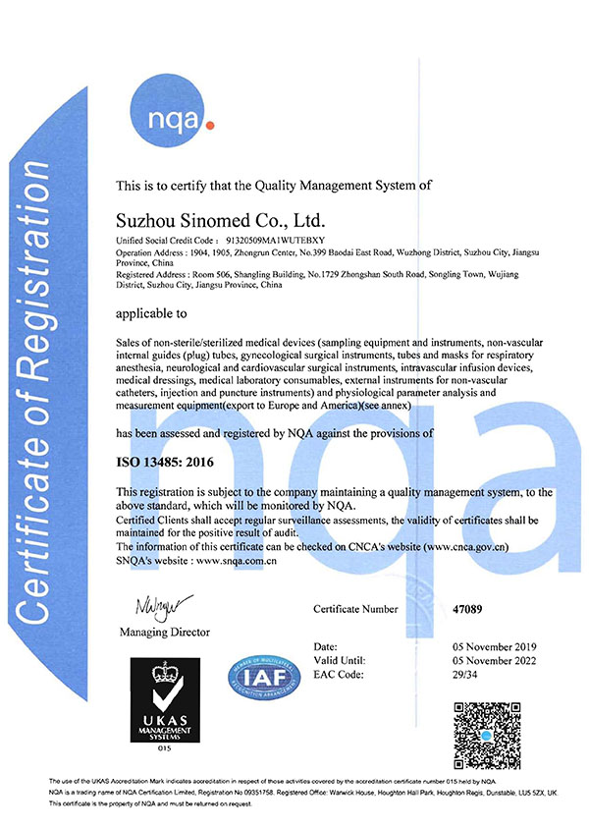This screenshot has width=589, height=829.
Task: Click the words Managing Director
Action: click(164, 631)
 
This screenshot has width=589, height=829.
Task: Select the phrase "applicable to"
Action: click(151, 316)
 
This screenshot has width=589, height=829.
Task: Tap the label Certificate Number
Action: click(355, 609)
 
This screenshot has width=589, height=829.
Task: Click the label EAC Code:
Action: click(341, 676)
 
